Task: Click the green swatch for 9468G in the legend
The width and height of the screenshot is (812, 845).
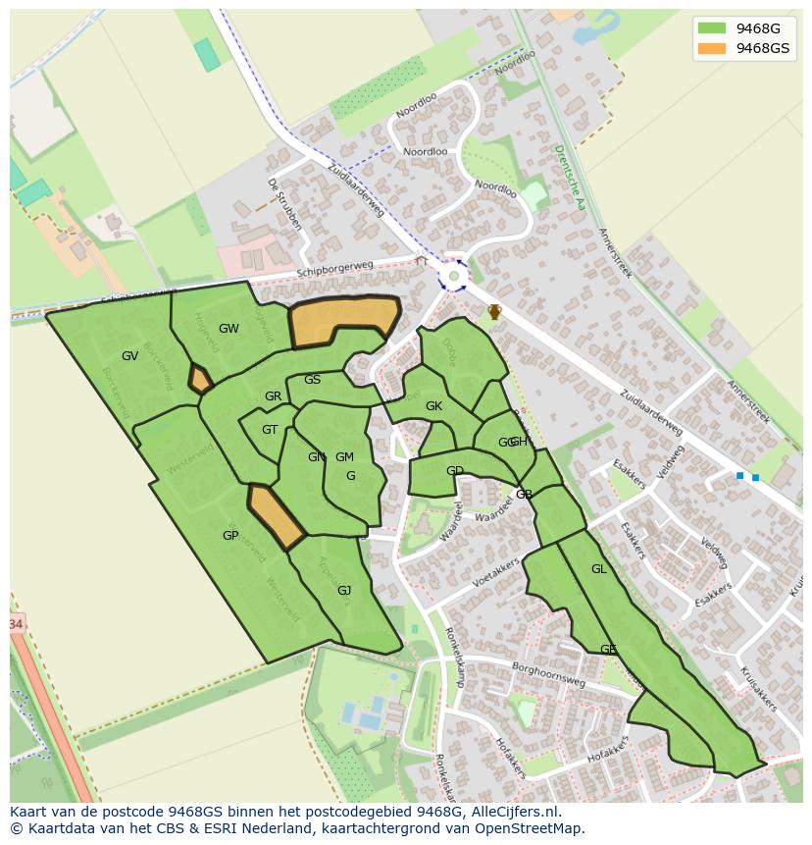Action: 712,28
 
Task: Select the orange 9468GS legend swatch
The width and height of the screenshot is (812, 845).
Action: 712,48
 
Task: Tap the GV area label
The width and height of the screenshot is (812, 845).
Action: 129,356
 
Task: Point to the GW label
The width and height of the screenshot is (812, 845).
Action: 228,329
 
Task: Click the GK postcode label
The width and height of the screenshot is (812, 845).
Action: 433,406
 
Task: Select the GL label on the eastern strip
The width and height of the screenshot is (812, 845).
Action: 598,569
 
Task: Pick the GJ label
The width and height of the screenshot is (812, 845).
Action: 344,591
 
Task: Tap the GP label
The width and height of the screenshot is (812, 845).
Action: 230,536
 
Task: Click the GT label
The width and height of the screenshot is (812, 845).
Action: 270,430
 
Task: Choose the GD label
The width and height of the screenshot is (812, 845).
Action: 455,471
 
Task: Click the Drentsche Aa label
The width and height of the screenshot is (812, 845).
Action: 569,178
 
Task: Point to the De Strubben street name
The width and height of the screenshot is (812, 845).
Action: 283,204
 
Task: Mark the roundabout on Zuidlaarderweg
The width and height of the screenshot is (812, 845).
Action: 453,276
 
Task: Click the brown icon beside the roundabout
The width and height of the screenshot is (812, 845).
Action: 495,312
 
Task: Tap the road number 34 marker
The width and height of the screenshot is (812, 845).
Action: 15,624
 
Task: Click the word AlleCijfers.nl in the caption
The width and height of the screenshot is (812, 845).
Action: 513,812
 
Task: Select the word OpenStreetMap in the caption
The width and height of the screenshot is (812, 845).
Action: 533,828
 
